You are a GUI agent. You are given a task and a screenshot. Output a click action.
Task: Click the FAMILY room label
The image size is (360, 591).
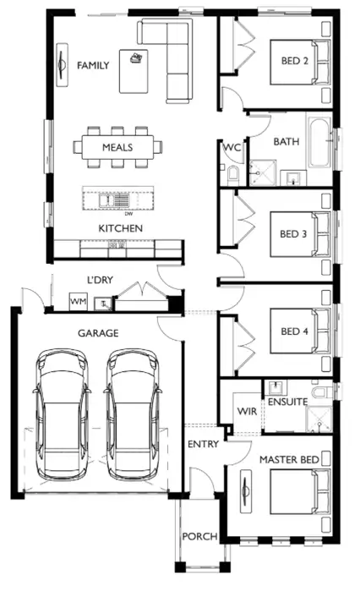(x=93, y=65)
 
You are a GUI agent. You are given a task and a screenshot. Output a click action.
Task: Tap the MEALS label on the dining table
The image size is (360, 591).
(x=118, y=147)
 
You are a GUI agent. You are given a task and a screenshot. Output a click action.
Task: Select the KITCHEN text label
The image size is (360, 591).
(x=120, y=228)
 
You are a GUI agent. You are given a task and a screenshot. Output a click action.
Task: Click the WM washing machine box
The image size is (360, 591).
(x=79, y=301)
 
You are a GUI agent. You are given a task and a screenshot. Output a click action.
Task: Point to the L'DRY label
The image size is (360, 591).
(x=101, y=280)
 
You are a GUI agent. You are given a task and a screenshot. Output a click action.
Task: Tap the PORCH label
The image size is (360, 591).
(x=199, y=536)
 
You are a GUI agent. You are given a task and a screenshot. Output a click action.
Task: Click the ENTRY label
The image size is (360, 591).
(x=203, y=444)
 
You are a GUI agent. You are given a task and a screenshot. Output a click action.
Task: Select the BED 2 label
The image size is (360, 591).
(x=295, y=60)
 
